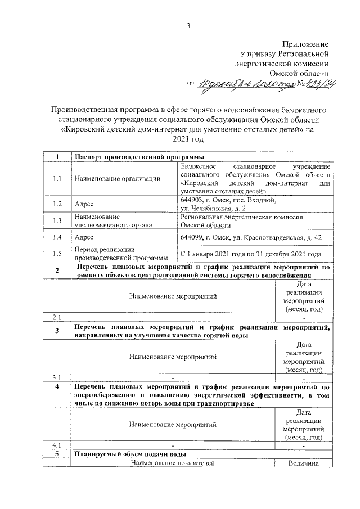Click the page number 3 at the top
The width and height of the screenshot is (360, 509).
point(188,25)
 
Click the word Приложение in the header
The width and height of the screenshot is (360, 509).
point(305,44)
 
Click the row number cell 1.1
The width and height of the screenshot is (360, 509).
point(56,178)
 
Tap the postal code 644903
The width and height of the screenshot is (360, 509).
point(193,200)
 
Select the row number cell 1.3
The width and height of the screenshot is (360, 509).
point(56,221)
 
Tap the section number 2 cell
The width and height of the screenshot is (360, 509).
point(56,271)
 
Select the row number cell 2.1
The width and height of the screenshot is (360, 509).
point(56,316)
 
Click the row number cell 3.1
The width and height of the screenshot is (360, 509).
point(56,377)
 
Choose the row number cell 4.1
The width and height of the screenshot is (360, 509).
point(56,445)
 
